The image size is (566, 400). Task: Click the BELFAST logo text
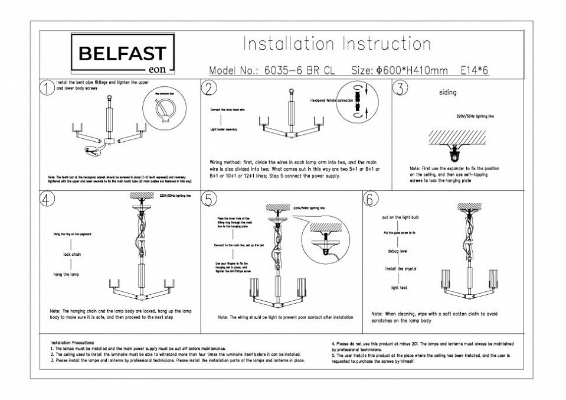122,54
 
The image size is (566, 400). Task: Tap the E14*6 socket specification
474,70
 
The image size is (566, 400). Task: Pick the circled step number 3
400,89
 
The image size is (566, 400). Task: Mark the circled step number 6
370,199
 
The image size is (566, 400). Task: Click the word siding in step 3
448,93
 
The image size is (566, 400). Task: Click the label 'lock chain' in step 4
72,255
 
